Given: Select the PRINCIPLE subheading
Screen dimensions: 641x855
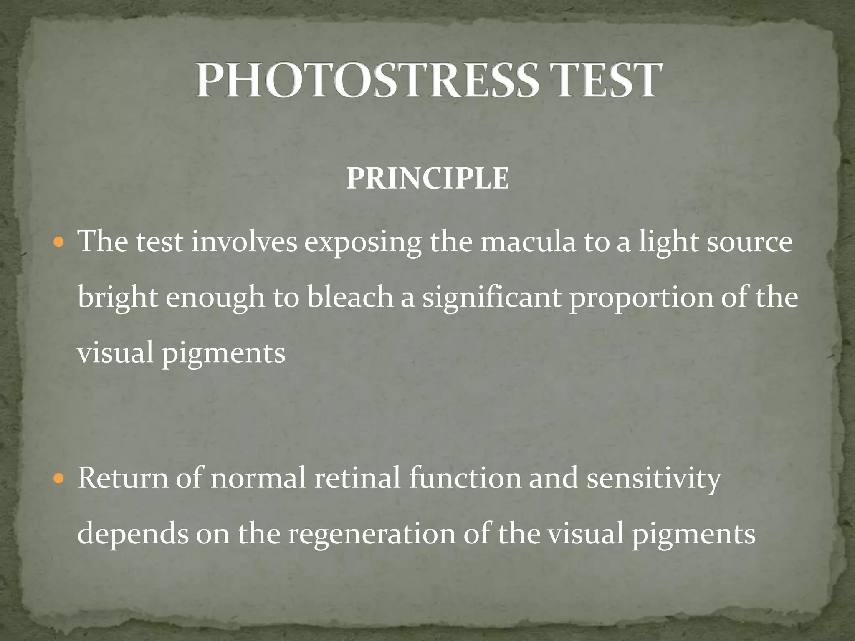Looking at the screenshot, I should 427,179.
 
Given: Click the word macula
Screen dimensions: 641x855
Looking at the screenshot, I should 528,242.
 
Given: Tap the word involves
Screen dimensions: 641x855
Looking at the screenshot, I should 244,242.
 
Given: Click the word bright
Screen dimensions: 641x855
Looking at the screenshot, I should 117,298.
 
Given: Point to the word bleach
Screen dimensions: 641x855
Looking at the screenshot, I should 350,297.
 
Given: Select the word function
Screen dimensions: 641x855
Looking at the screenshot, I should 465,478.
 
